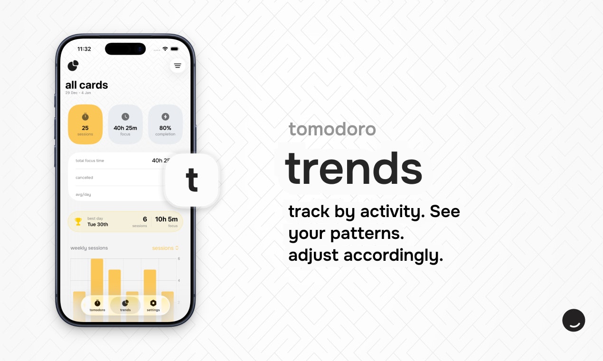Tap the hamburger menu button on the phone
pyautogui.click(x=178, y=66)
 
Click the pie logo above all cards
pyautogui.click(x=73, y=66)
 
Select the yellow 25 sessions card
pyautogui.click(x=85, y=124)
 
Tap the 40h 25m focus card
pyautogui.click(x=125, y=124)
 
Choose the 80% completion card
pyautogui.click(x=165, y=124)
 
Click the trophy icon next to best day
pyautogui.click(x=78, y=221)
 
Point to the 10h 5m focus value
pyautogui.click(x=166, y=219)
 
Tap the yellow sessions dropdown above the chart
pyautogui.click(x=165, y=248)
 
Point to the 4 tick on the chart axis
pyautogui.click(x=179, y=281)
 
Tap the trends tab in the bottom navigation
pyautogui.click(x=125, y=305)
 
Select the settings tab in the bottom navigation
pyautogui.click(x=153, y=305)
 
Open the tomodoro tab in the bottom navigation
pyautogui.click(x=97, y=305)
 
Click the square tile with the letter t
pyautogui.click(x=192, y=180)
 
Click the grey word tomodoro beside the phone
pyautogui.click(x=332, y=129)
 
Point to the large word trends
pyautogui.click(x=353, y=169)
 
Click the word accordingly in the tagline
pyautogui.click(x=393, y=256)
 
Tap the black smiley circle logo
pyautogui.click(x=574, y=320)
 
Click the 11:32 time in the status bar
pyautogui.click(x=84, y=49)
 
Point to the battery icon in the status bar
pyautogui.click(x=175, y=49)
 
